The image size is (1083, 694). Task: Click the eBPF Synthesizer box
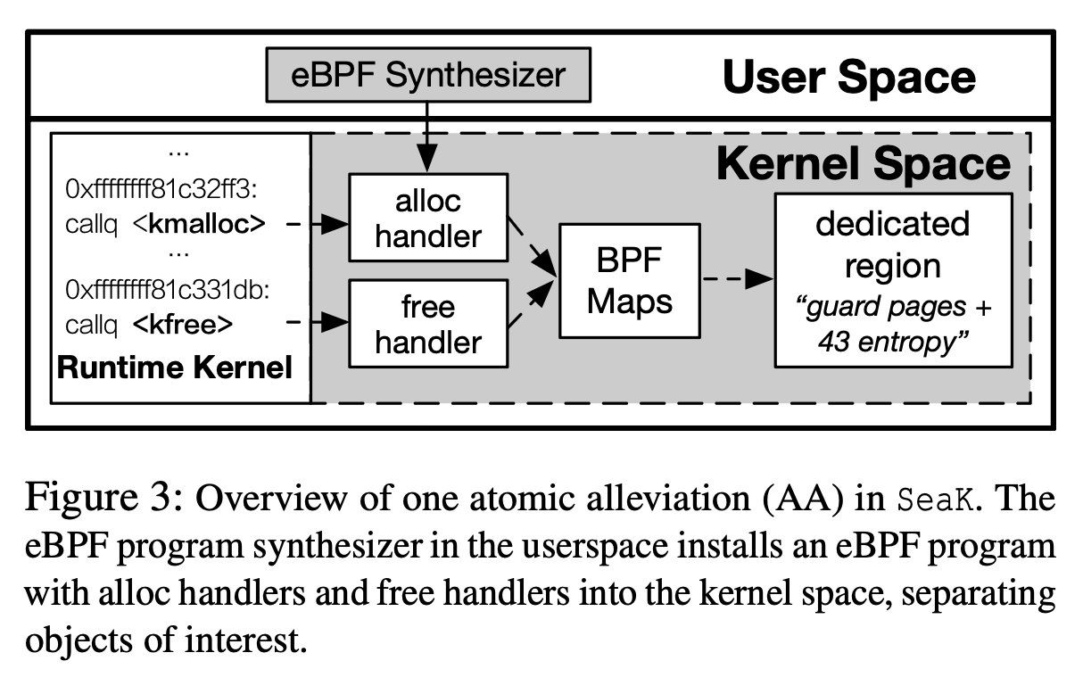click(x=427, y=75)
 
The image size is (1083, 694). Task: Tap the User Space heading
click(x=848, y=78)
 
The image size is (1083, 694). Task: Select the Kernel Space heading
click(x=864, y=164)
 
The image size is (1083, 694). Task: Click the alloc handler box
click(x=427, y=218)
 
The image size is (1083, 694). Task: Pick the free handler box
click(x=427, y=325)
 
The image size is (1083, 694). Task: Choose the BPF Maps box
click(x=629, y=281)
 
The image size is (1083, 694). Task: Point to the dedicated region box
click(x=892, y=280)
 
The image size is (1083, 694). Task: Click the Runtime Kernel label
click(x=175, y=367)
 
